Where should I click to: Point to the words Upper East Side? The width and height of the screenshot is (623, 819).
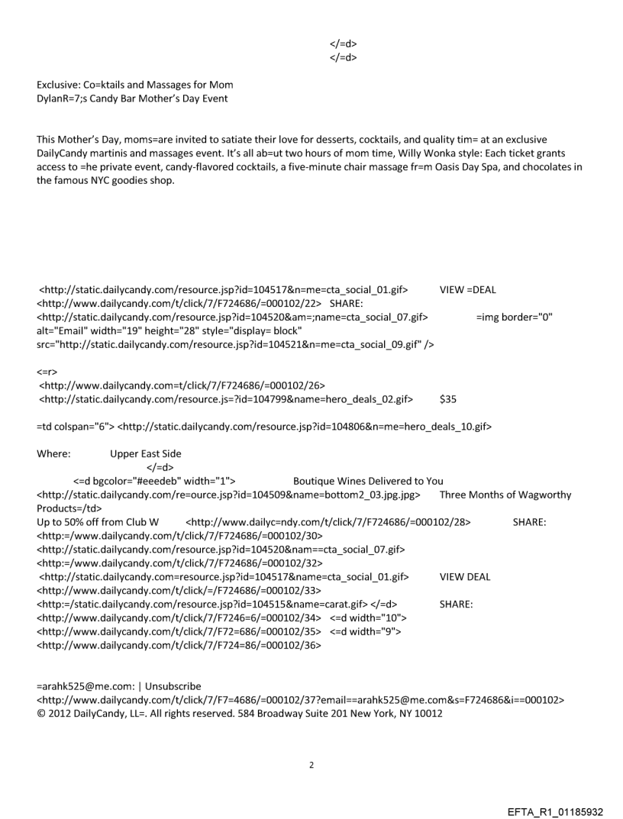pyautogui.click(x=146, y=453)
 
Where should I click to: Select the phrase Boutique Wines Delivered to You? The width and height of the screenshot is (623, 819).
pyautogui.click(x=368, y=481)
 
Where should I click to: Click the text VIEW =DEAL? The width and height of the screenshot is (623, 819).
pyautogui.click(x=468, y=289)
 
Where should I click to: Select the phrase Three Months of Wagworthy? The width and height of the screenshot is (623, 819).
pyautogui.click(x=505, y=495)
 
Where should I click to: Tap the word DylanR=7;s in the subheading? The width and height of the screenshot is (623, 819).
pyautogui.click(x=63, y=97)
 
